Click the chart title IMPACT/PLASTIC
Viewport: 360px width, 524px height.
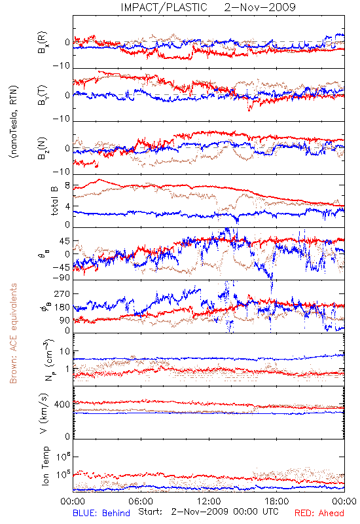[x=164, y=7]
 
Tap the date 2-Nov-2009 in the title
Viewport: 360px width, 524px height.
[x=260, y=7]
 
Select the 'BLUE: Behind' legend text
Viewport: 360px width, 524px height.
[x=101, y=513]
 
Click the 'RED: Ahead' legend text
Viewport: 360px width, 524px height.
[x=319, y=513]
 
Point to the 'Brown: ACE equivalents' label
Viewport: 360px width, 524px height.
[x=13, y=333]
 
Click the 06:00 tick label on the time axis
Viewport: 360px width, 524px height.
[x=141, y=501]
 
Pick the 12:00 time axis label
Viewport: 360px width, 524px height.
[x=209, y=501]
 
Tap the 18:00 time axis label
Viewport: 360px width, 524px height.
[x=277, y=501]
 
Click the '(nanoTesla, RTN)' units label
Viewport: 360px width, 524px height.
[x=14, y=122]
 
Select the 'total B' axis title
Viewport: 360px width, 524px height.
[x=54, y=201]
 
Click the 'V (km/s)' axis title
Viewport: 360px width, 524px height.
[x=44, y=413]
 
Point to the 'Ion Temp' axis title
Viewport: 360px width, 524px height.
[x=45, y=466]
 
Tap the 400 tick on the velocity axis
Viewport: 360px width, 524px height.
[x=62, y=405]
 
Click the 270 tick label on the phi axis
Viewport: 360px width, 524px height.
[x=62, y=294]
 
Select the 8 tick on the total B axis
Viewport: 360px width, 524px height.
[x=67, y=186]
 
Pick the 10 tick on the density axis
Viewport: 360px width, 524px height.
[x=65, y=352]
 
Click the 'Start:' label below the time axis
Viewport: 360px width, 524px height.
[x=151, y=512]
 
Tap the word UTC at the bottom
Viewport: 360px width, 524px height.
[x=269, y=512]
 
